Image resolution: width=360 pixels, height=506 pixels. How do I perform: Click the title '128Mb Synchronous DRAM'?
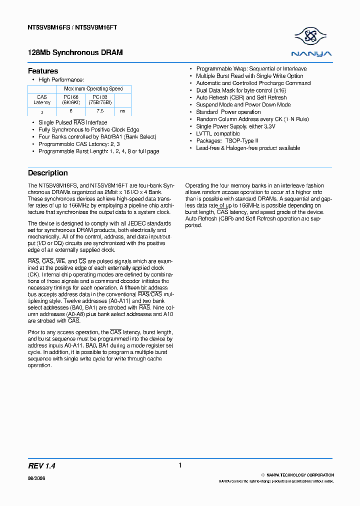click(x=75, y=52)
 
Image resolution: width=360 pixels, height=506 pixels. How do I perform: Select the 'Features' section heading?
click(x=43, y=71)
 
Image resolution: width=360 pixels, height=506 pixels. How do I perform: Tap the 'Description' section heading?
click(x=47, y=173)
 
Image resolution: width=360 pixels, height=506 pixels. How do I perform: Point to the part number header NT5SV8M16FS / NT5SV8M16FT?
click(x=72, y=27)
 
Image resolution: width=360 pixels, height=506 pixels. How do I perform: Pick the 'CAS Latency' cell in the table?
click(x=42, y=99)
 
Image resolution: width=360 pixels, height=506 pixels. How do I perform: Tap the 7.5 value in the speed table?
click(x=100, y=112)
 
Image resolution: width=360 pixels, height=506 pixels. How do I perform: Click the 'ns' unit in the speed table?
click(x=123, y=111)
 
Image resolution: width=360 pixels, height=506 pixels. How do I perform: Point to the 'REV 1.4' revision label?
click(x=41, y=465)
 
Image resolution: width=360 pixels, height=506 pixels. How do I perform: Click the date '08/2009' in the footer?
click(x=36, y=478)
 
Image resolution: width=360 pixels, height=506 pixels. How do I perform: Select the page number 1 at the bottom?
click(x=180, y=465)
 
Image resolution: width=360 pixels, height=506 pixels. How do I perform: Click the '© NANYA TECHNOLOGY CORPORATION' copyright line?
click(x=298, y=475)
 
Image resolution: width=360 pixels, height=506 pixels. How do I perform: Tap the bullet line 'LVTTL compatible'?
click(x=218, y=134)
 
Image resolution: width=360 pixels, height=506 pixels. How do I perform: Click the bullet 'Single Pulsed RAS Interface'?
click(x=72, y=122)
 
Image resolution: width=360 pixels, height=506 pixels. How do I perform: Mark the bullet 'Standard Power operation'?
click(x=228, y=112)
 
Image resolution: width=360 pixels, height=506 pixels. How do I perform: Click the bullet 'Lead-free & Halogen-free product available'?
click(x=248, y=148)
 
